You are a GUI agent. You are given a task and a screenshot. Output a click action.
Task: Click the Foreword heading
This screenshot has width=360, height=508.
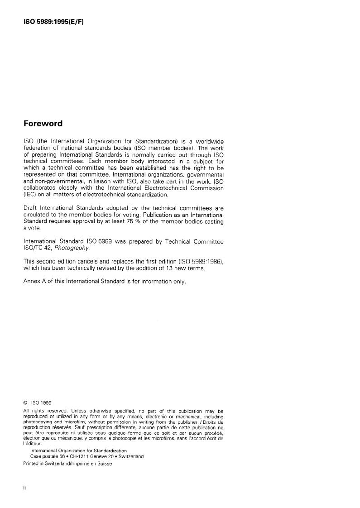click(43, 124)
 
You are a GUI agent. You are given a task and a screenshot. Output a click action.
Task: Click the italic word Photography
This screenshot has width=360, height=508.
click(75, 248)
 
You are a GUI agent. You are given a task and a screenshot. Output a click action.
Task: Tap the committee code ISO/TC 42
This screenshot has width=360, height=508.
click(39, 248)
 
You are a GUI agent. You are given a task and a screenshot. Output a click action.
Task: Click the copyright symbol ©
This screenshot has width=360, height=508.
click(25, 402)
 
